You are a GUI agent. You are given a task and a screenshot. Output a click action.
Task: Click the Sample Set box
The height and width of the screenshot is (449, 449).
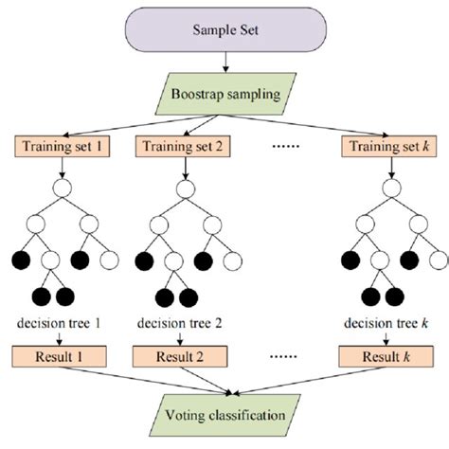(x=224, y=31)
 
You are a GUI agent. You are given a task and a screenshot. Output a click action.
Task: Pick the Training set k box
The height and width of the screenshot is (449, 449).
(x=386, y=148)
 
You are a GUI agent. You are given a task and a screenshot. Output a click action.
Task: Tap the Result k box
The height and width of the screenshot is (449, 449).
(x=386, y=358)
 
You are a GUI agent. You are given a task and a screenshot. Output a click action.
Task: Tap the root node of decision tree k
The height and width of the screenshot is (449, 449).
(x=386, y=187)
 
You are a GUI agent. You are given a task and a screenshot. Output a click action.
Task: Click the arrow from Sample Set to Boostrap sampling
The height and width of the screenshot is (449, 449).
(x=224, y=63)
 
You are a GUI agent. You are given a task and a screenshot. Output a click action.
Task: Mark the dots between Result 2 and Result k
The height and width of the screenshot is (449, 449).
(x=284, y=359)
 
